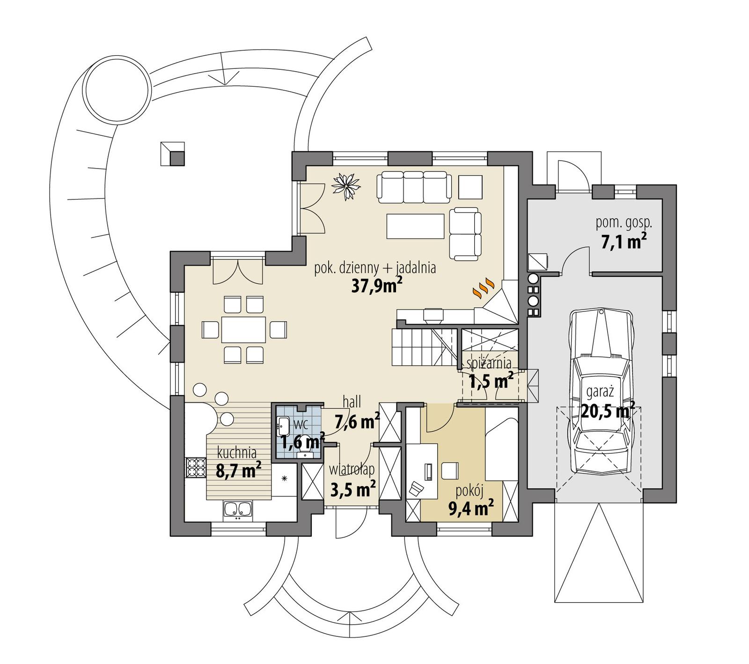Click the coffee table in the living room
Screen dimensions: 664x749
click(415, 226)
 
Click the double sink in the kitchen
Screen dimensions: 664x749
click(238, 510)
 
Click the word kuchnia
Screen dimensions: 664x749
click(237, 453)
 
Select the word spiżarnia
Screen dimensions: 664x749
click(488, 364)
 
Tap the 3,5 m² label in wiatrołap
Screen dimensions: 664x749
click(352, 489)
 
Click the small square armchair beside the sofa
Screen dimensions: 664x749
click(470, 186)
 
